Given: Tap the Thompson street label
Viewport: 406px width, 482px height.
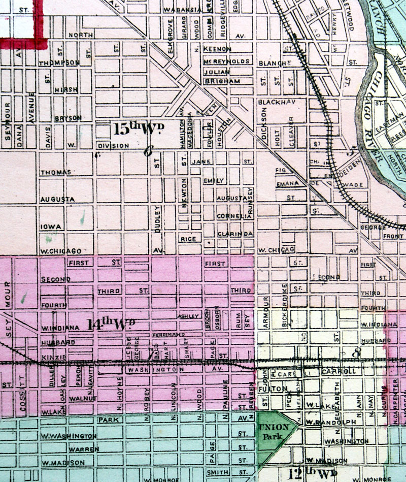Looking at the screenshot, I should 59,62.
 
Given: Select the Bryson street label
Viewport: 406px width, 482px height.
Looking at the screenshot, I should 67,118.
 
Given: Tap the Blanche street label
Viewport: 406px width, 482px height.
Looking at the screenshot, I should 275,63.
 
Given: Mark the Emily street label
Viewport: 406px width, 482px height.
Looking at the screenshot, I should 213,181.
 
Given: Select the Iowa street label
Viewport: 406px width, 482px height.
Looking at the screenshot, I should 51,227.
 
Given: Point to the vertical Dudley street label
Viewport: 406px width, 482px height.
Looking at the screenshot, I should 158,219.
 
